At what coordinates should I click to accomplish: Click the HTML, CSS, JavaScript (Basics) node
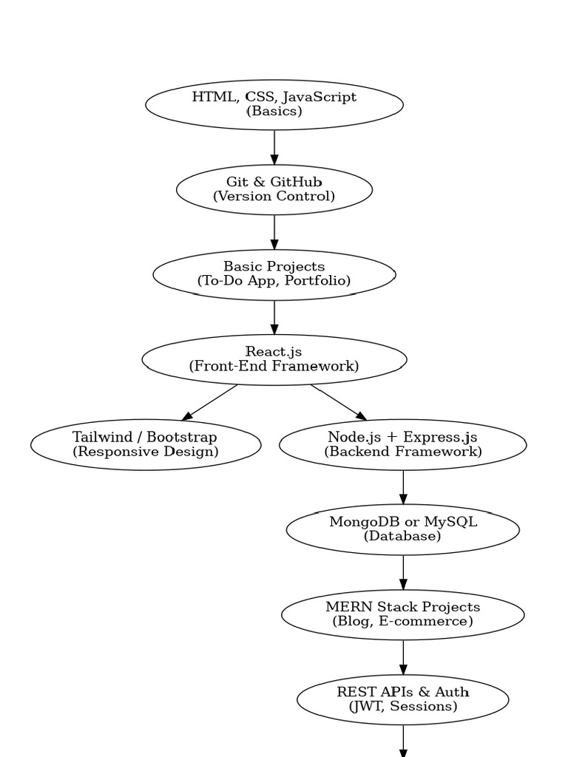coord(274,104)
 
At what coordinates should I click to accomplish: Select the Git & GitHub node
coord(274,189)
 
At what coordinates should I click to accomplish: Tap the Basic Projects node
coord(274,274)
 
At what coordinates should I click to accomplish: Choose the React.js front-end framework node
coord(274,359)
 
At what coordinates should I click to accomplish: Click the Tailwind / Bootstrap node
coord(146,444)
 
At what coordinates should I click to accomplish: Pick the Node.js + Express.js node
coord(402,444)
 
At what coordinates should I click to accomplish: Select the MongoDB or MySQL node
coord(402,529)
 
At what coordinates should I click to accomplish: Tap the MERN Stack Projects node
coord(402,614)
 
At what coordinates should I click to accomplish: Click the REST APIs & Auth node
coord(402,699)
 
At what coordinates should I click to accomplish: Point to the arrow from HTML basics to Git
coord(274,147)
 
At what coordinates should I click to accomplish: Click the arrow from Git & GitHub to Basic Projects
coord(274,232)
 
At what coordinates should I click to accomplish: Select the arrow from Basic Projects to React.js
coord(274,317)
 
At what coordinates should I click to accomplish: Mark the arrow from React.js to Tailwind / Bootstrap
coord(210,402)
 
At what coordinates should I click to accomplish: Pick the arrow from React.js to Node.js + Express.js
coord(339,402)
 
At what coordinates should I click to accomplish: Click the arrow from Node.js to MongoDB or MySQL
coord(403,487)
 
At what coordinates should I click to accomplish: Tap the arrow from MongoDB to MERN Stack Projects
coord(403,572)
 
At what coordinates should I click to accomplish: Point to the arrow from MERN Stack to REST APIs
coord(403,657)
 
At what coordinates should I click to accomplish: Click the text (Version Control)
coord(274,197)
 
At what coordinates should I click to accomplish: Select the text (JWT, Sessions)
coord(402,707)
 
